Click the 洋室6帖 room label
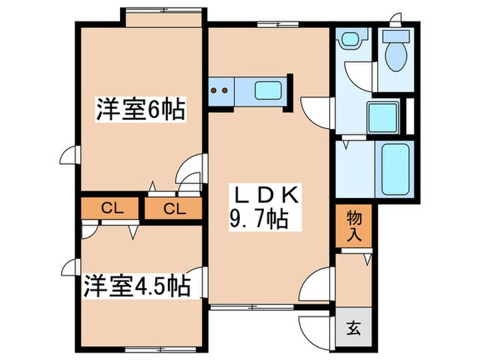tap(141, 109)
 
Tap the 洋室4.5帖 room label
tap(138, 284)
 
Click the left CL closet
tap(108, 208)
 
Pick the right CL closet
tap(173, 208)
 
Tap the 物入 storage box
tap(354, 226)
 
